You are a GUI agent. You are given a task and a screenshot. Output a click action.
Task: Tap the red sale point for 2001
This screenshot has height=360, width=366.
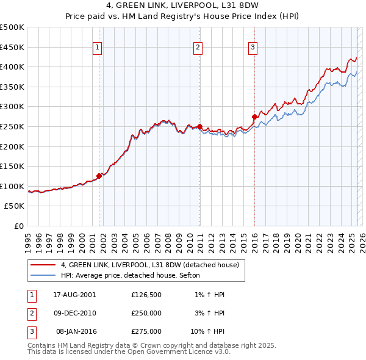99,176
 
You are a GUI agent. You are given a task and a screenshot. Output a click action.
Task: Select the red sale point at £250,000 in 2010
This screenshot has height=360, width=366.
199,126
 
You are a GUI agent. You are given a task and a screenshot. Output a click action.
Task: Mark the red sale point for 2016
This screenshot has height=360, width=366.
254,117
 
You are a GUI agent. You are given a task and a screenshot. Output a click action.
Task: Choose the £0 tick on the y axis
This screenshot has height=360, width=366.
20,226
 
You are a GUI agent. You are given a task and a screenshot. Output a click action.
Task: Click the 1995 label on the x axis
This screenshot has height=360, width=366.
28,240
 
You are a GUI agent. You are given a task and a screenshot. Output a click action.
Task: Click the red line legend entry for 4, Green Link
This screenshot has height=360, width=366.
152,265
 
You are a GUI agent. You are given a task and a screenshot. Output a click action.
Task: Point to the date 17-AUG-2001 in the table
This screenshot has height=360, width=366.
75,295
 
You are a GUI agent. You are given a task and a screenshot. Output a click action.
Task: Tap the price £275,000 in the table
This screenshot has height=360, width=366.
146,331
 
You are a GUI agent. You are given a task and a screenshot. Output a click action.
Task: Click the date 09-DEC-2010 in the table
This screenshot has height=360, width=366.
75,313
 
